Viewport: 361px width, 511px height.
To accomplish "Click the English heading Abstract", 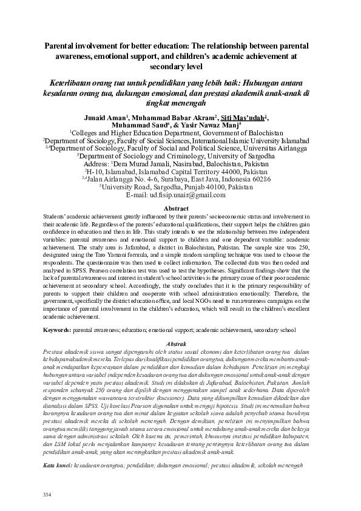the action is point(180,208).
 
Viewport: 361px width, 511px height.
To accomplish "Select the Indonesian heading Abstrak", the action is point(180,343).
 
